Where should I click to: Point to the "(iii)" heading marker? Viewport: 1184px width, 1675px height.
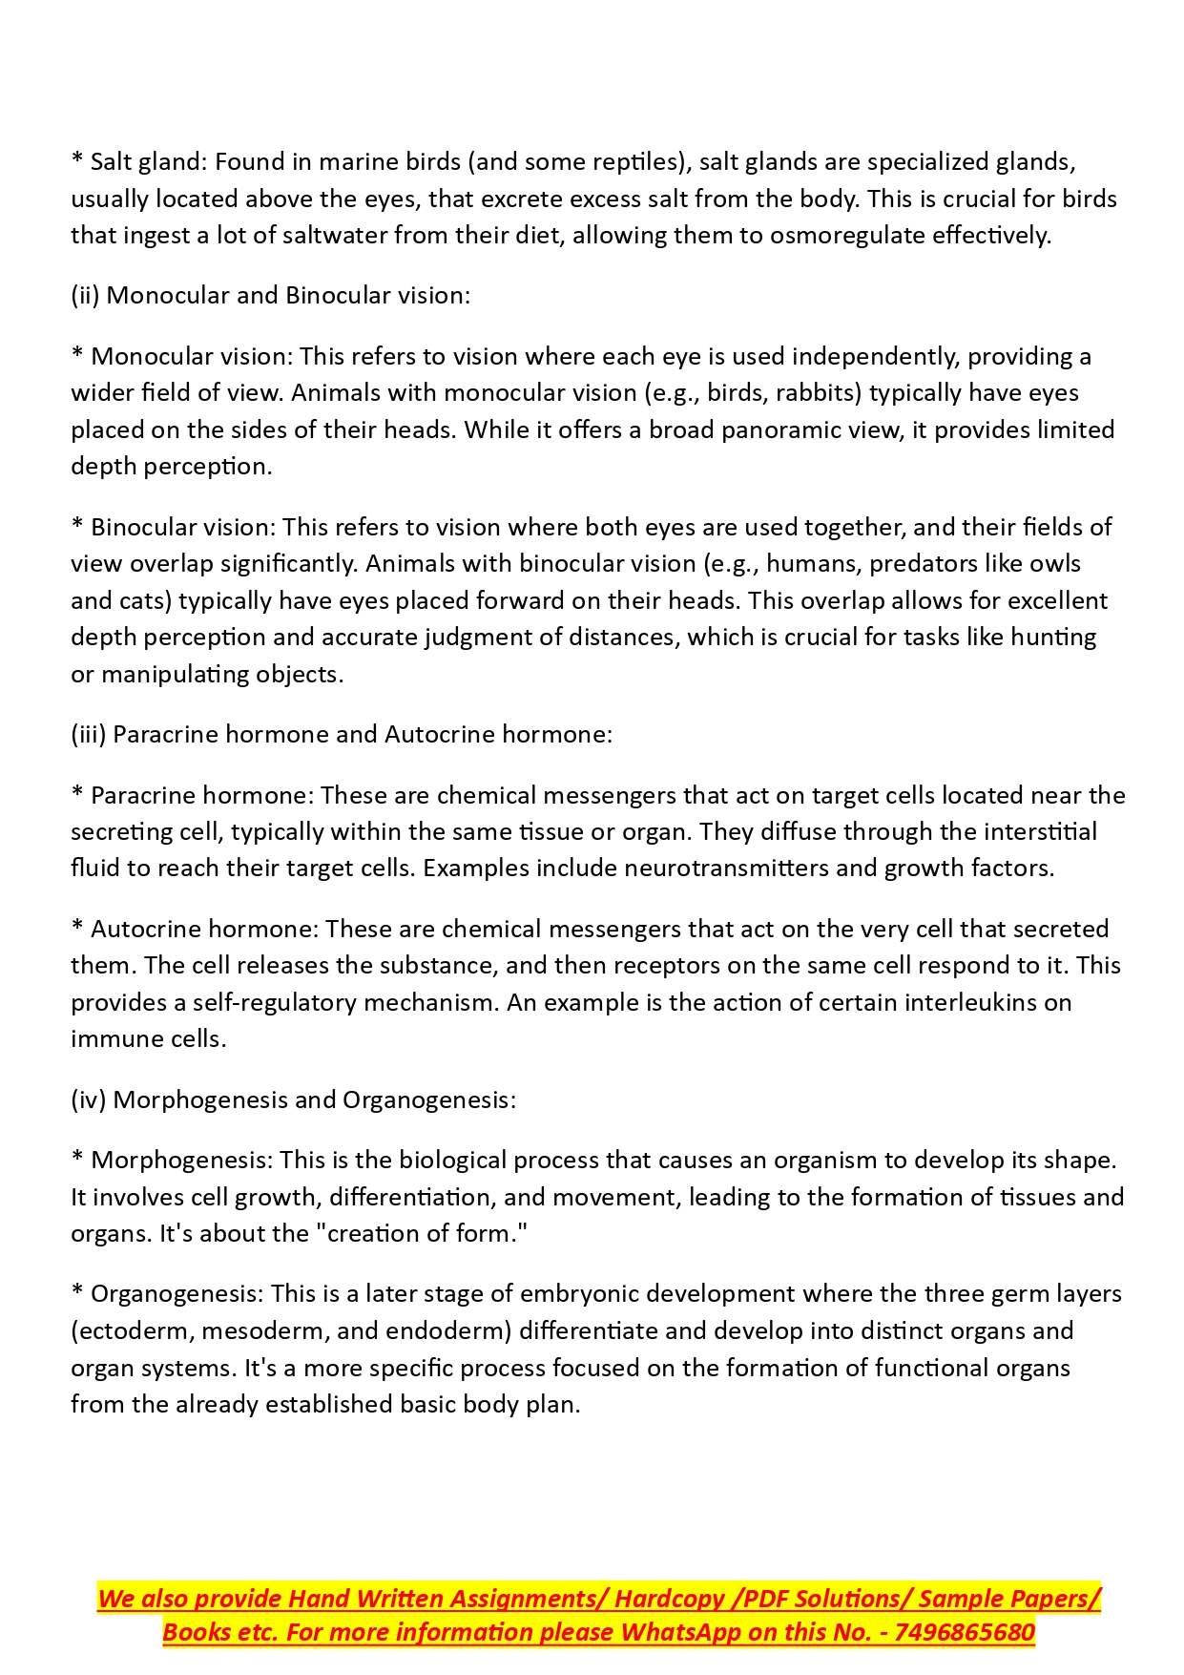[88, 735]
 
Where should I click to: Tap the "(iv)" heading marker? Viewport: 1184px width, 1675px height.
[88, 1100]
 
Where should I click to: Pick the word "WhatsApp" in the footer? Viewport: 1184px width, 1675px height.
[679, 1633]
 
